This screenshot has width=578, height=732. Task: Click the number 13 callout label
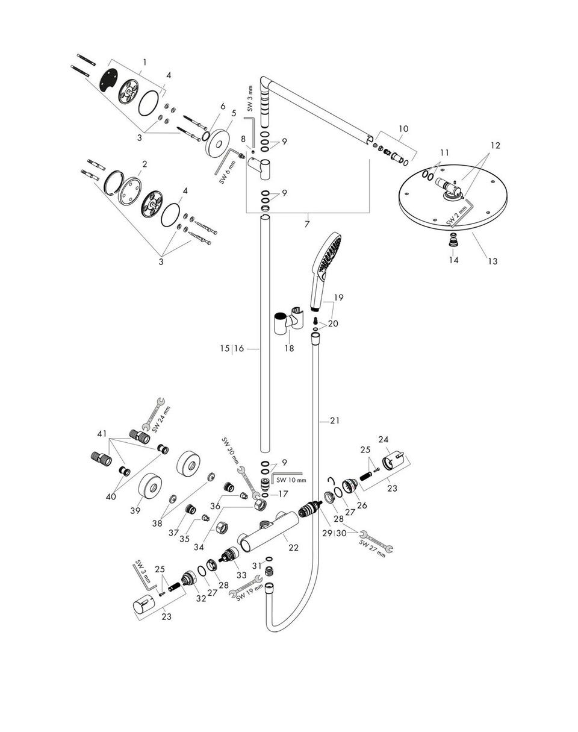(x=493, y=261)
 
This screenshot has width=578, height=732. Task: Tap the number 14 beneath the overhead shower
(x=453, y=260)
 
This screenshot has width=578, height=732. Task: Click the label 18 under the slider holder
(x=290, y=348)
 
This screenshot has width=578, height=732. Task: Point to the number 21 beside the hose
(x=335, y=421)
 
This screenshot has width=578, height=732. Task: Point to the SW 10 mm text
(x=291, y=480)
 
